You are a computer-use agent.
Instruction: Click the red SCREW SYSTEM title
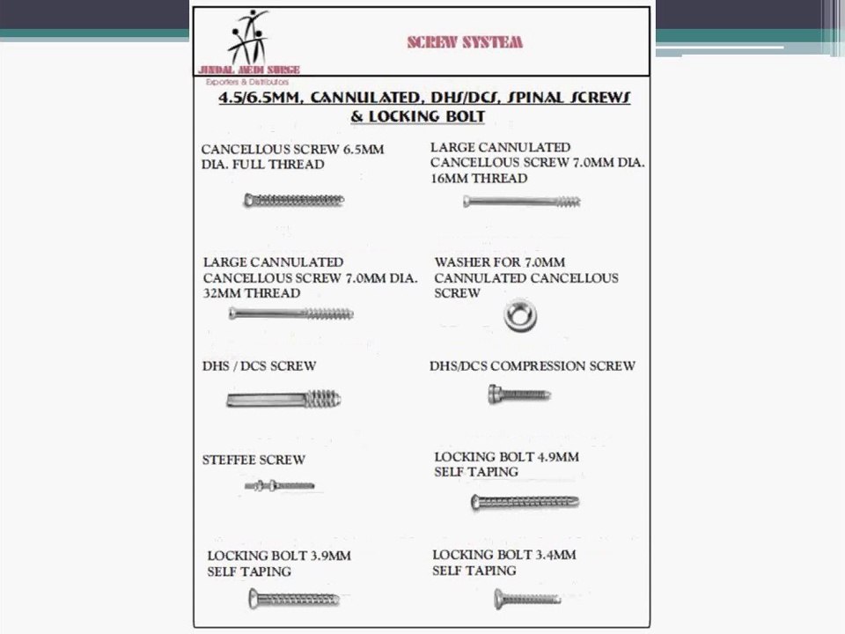pyautogui.click(x=465, y=41)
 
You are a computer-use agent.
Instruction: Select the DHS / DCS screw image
pyautogui.click(x=283, y=401)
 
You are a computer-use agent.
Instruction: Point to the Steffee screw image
pyautogui.click(x=279, y=485)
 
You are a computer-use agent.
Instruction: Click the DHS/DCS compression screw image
pyautogui.click(x=519, y=395)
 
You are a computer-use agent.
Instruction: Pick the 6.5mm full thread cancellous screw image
pyautogui.click(x=294, y=201)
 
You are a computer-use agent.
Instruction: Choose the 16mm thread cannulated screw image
pyautogui.click(x=522, y=202)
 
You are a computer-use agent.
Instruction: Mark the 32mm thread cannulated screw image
pyautogui.click(x=290, y=313)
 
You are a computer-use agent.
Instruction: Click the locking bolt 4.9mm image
pyautogui.click(x=525, y=503)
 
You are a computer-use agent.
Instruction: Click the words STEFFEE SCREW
pyautogui.click(x=253, y=460)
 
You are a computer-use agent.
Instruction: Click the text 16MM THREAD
pyautogui.click(x=479, y=179)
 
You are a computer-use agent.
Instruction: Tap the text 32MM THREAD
pyautogui.click(x=252, y=293)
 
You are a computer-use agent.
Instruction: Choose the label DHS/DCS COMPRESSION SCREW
pyautogui.click(x=532, y=365)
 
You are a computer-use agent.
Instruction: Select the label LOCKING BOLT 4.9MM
pyautogui.click(x=506, y=457)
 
